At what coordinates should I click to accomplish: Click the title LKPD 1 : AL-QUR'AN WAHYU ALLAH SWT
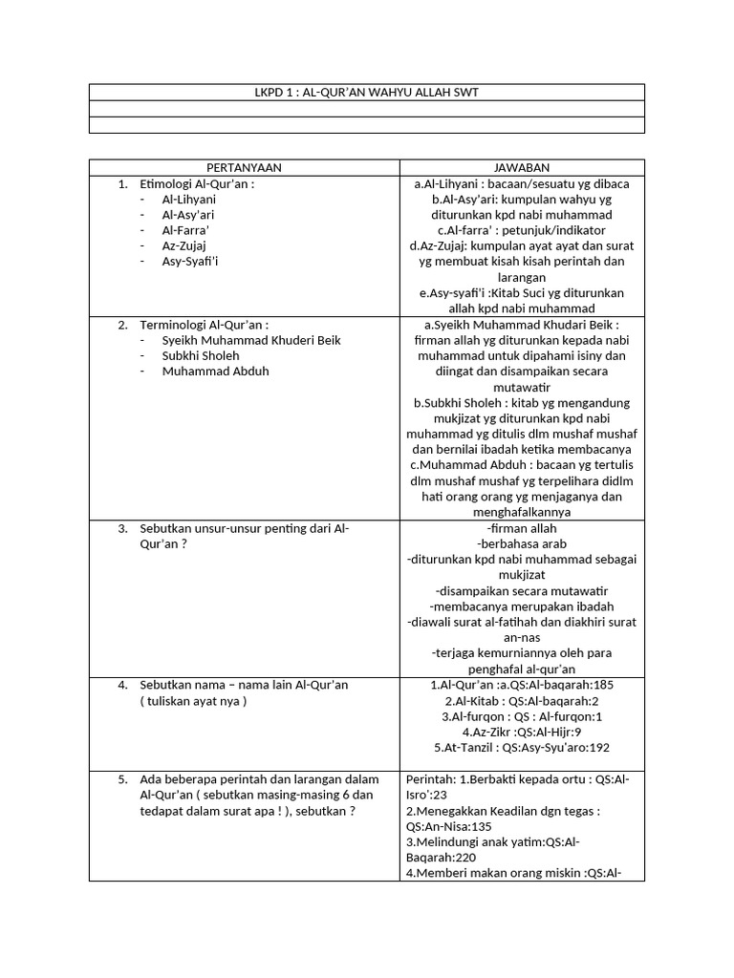click(x=366, y=92)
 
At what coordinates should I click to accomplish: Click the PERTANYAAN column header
click(x=244, y=167)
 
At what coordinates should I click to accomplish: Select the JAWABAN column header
click(x=522, y=167)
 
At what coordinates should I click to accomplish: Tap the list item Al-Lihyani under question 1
click(x=189, y=200)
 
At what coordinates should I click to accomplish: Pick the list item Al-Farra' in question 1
click(x=185, y=230)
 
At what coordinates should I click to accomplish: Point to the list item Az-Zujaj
click(x=184, y=245)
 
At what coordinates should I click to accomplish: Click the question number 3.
click(x=122, y=528)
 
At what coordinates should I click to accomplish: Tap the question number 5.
click(x=122, y=779)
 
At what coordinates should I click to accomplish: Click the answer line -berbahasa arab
click(x=522, y=543)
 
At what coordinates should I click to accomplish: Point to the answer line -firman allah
click(x=522, y=528)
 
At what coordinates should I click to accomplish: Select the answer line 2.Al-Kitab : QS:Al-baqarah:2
click(x=522, y=701)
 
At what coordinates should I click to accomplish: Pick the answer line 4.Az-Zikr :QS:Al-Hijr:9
click(x=522, y=732)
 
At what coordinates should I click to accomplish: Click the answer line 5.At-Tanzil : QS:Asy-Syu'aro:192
click(x=522, y=747)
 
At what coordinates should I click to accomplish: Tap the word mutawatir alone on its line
click(x=522, y=387)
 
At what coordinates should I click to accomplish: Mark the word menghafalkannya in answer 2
click(x=522, y=512)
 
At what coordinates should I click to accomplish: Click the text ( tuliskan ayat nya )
click(x=193, y=701)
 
